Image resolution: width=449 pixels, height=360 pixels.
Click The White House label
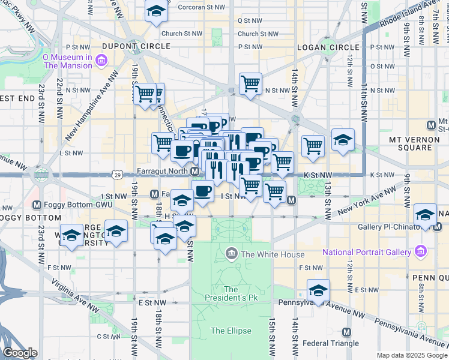tap(264, 254)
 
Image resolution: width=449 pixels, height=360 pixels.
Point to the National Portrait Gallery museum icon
tap(420, 251)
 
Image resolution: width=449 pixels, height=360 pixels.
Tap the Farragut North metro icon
tap(195, 172)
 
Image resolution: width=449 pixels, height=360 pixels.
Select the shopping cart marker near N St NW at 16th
tap(250, 83)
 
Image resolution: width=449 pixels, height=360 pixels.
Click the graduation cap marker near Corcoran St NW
tap(156, 11)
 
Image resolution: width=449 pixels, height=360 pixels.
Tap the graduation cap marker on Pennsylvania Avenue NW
tap(318, 290)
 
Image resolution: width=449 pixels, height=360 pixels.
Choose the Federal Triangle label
tap(331, 343)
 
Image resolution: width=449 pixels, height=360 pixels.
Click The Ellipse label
tap(227, 331)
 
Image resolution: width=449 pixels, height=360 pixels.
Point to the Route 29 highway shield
tap(118, 175)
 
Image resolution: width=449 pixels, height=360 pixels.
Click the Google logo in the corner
tap(20, 353)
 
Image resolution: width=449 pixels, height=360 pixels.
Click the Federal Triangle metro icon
tap(346, 332)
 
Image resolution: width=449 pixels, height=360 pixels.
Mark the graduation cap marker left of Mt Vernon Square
tap(342, 139)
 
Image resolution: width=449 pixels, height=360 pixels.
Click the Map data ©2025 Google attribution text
tap(411, 355)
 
